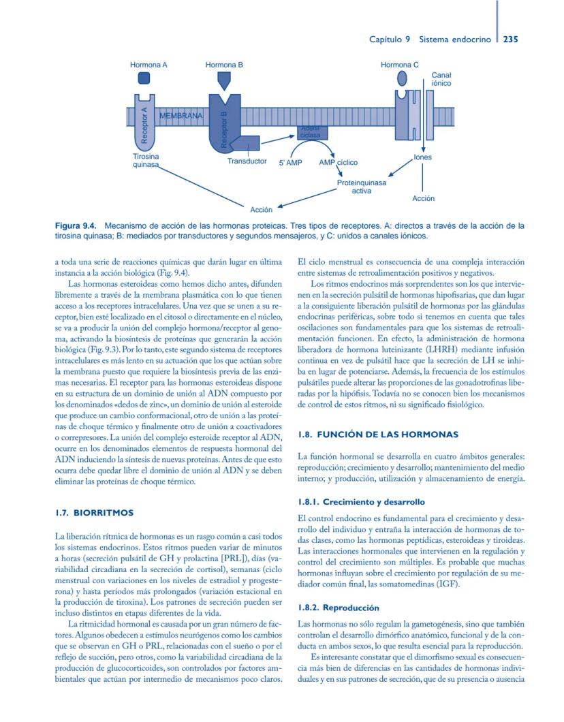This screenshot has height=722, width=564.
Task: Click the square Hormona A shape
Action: [144, 78]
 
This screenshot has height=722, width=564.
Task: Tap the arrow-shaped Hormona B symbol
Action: [224, 81]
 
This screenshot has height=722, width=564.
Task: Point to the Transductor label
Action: [247, 161]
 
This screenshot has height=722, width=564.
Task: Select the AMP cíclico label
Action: [338, 163]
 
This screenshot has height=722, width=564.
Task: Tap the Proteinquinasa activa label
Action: [361, 187]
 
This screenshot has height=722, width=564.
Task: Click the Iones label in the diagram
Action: [422, 157]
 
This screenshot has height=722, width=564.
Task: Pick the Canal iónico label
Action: [441, 79]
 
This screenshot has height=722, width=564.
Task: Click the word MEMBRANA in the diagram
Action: [181, 116]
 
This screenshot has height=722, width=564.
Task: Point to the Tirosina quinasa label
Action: [146, 160]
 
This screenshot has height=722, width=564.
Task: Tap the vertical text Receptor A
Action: [144, 125]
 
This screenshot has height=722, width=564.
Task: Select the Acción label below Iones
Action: [423, 198]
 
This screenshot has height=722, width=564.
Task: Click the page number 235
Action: [510, 40]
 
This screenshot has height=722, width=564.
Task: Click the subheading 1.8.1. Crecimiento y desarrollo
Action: [361, 502]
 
